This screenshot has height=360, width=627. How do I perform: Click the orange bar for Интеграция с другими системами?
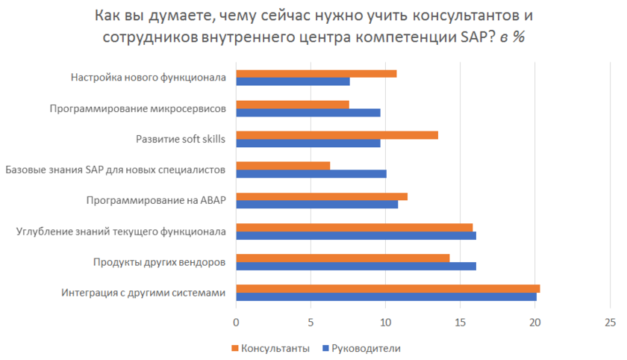coord(388,288)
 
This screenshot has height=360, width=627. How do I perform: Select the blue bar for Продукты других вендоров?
coord(356,266)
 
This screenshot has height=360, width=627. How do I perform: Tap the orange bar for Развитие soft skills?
coord(337,135)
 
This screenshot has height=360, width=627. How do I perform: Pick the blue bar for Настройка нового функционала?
coord(293,81)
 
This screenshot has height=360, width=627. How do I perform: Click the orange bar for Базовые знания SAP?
coord(283,166)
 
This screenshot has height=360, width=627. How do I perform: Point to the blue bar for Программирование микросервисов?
coord(308,112)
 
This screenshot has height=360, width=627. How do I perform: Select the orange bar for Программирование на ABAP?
coord(322,196)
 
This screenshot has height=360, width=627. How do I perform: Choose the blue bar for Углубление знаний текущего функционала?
coord(356,235)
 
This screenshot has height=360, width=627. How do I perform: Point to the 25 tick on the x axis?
coord(610,323)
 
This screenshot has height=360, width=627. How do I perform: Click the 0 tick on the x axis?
coord(237,323)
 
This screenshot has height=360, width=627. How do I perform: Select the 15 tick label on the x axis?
coord(461,323)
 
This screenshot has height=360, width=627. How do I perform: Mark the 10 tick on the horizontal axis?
coord(386,323)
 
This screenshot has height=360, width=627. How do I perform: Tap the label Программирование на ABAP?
coord(155,200)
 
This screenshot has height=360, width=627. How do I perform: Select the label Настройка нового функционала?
coord(148,77)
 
